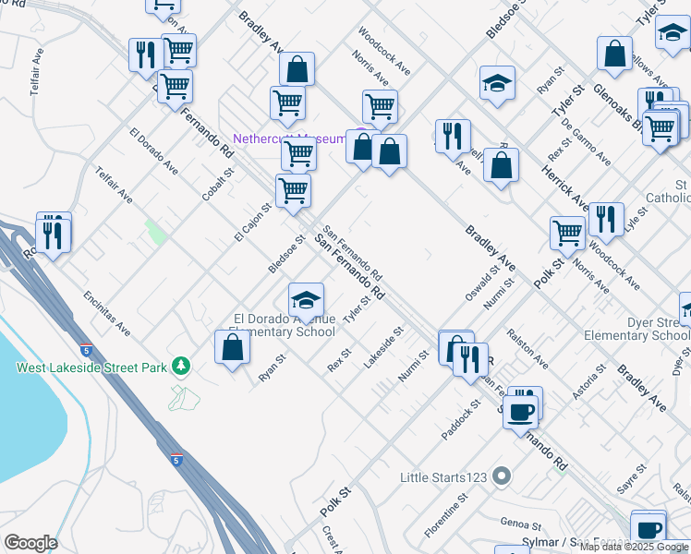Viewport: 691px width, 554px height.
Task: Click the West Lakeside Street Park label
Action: (91, 368)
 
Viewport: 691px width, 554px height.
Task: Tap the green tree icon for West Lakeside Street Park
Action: (183, 367)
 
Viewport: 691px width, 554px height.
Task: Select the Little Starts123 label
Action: (442, 477)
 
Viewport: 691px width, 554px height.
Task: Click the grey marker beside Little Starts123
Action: (502, 476)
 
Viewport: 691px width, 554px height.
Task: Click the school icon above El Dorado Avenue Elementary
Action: (306, 300)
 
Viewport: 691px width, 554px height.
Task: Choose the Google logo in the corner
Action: (30, 543)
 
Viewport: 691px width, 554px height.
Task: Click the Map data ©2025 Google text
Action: (635, 547)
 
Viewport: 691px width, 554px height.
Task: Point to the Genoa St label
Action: (520, 523)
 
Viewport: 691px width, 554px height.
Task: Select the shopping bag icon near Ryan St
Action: (232, 348)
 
